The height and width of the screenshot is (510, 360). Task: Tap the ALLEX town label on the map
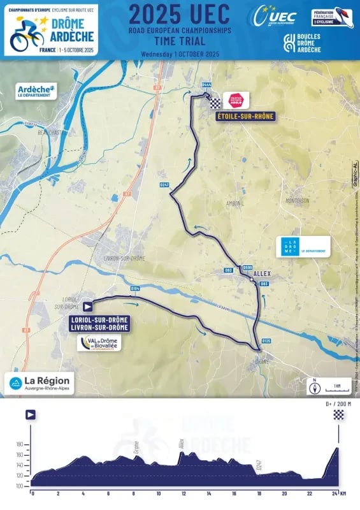263,273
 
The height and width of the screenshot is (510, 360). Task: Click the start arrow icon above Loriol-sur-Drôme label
87,305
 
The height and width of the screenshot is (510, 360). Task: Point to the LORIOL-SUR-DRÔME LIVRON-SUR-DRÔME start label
101,323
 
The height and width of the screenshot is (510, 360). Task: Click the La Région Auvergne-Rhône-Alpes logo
40,382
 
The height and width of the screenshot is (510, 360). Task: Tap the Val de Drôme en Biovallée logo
99,344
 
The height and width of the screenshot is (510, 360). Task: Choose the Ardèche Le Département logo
37,90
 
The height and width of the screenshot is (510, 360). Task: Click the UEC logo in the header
275,15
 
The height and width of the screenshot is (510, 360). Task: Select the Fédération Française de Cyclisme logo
333,17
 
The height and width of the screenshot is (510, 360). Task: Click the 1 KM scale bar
337,386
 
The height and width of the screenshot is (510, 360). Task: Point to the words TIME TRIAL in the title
180,39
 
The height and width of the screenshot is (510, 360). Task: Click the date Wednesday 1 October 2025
180,54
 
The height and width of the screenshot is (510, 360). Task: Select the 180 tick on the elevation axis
18,444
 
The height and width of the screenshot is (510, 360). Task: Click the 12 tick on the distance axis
184,493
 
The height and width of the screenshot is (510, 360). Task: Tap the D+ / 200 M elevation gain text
338,404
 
